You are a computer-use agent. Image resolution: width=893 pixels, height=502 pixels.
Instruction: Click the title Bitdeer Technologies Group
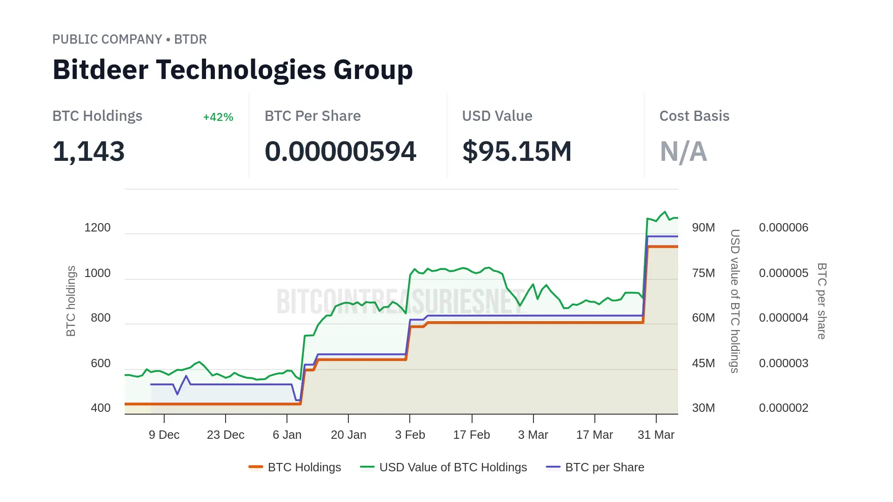pos(233,70)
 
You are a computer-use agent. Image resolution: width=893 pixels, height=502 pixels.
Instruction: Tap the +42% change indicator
pos(218,117)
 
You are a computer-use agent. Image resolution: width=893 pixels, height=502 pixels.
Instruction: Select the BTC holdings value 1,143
pos(88,152)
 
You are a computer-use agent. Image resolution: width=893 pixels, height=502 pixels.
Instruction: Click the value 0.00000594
pos(340,152)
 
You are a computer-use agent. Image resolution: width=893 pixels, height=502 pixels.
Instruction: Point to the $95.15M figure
pos(517,152)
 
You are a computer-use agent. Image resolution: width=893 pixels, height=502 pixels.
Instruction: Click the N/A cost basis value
pos(683,152)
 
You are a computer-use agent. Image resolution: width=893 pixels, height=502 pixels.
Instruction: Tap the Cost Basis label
pos(694,116)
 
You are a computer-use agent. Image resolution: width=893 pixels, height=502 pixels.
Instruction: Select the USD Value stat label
pos(497,116)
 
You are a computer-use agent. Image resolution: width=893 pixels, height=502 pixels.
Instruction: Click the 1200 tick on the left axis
pos(97,228)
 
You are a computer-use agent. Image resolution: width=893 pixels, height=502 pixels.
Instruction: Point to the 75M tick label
pos(703,273)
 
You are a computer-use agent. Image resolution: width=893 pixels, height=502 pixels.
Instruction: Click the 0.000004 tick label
pos(783,318)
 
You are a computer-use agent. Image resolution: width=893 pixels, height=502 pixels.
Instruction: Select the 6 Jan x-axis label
pos(287,435)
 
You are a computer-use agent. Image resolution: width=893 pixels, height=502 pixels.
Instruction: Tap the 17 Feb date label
pos(472,435)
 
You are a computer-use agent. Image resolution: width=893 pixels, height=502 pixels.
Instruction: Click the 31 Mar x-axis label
pos(656,435)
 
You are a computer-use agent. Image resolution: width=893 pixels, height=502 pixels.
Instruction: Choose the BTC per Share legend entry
pos(595,467)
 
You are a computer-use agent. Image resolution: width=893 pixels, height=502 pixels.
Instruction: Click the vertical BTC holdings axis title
pos(71,301)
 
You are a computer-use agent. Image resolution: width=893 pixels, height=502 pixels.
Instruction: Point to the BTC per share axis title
pos(822,301)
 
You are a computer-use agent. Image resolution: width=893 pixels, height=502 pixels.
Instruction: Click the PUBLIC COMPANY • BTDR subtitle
pos(129,40)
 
